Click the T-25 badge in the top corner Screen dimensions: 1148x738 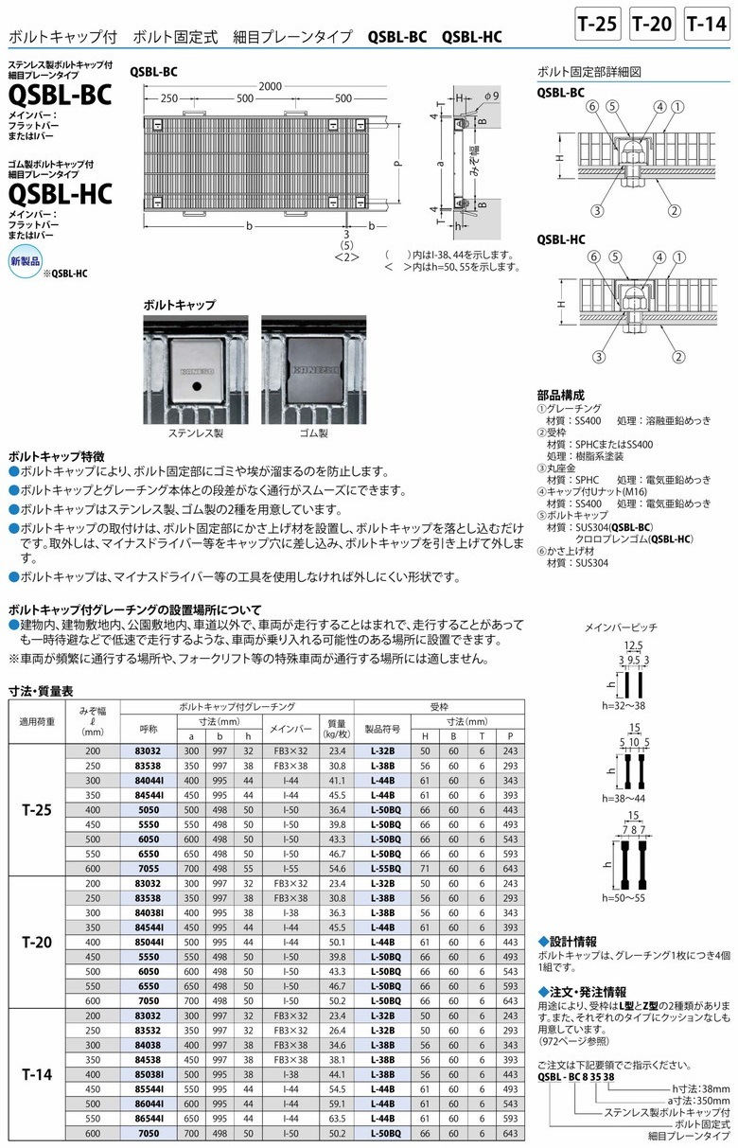pyautogui.click(x=598, y=25)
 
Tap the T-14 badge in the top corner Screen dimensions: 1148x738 pyautogui.click(x=707, y=25)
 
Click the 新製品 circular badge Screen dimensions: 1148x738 pyautogui.click(x=26, y=259)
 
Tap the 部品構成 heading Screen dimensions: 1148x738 pyautogui.click(x=560, y=394)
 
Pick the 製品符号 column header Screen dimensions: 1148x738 pyautogui.click(x=385, y=730)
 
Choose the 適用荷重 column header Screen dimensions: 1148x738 pyautogui.click(x=39, y=721)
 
